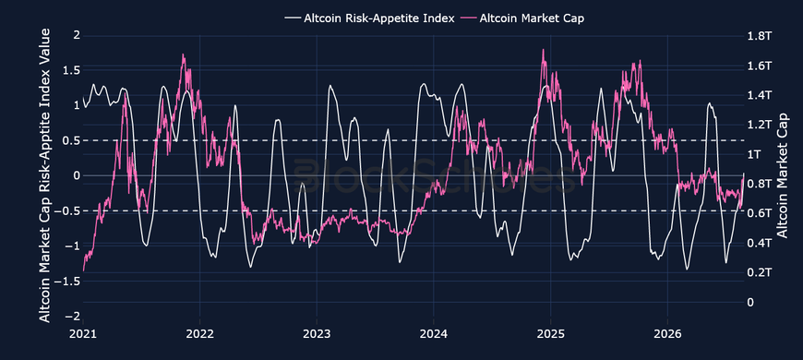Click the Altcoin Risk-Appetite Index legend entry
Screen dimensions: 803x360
(368, 18)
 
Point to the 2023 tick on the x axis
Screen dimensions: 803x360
(317, 334)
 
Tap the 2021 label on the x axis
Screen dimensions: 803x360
(83, 334)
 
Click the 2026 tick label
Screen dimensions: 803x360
(667, 334)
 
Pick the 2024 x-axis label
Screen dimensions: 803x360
(433, 334)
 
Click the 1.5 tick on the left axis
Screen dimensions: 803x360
(71, 70)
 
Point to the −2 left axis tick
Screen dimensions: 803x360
(71, 317)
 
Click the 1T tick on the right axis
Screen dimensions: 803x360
(753, 153)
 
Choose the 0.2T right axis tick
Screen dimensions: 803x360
(757, 272)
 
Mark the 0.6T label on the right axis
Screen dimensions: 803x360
(757, 212)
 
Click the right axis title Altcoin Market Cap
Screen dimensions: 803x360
(782, 176)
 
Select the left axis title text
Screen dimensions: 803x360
(45, 175)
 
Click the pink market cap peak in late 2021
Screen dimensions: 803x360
(183, 54)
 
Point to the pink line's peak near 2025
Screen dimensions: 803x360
(543, 50)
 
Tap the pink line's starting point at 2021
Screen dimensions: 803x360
(83, 270)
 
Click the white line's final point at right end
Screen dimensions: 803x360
(744, 174)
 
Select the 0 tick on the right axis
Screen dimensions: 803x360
(749, 302)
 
